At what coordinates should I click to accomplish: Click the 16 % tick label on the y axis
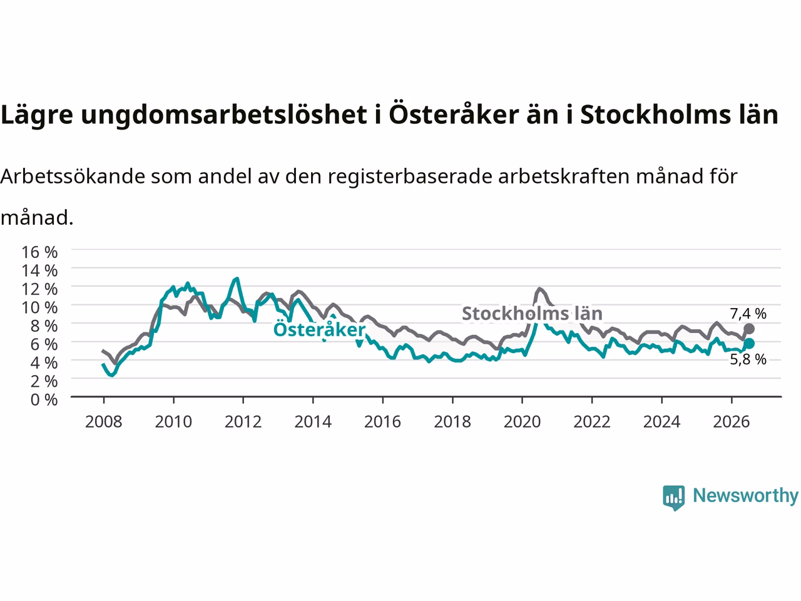(x=39, y=252)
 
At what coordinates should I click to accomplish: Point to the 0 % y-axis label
(x=44, y=400)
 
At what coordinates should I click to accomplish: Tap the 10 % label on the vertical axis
(x=39, y=307)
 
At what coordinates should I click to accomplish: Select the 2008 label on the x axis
(x=104, y=422)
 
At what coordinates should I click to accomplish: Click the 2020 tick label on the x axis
(x=522, y=422)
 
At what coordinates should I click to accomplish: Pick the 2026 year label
(x=732, y=422)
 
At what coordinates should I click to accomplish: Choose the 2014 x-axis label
(x=313, y=422)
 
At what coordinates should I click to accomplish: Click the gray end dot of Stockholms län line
(x=749, y=329)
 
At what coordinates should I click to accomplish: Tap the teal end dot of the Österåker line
(x=749, y=343)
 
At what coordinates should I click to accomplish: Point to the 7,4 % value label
(x=748, y=314)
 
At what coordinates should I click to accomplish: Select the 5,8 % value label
(x=748, y=359)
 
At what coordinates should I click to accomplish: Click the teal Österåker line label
(x=319, y=329)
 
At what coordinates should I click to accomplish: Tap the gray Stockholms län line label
(x=532, y=314)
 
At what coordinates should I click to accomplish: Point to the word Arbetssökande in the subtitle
(x=73, y=177)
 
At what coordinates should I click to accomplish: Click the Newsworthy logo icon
(x=673, y=498)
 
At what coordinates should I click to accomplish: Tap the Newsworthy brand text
(x=745, y=496)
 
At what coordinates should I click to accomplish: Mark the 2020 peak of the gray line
(x=539, y=289)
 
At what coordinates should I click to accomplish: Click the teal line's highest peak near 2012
(x=237, y=279)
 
